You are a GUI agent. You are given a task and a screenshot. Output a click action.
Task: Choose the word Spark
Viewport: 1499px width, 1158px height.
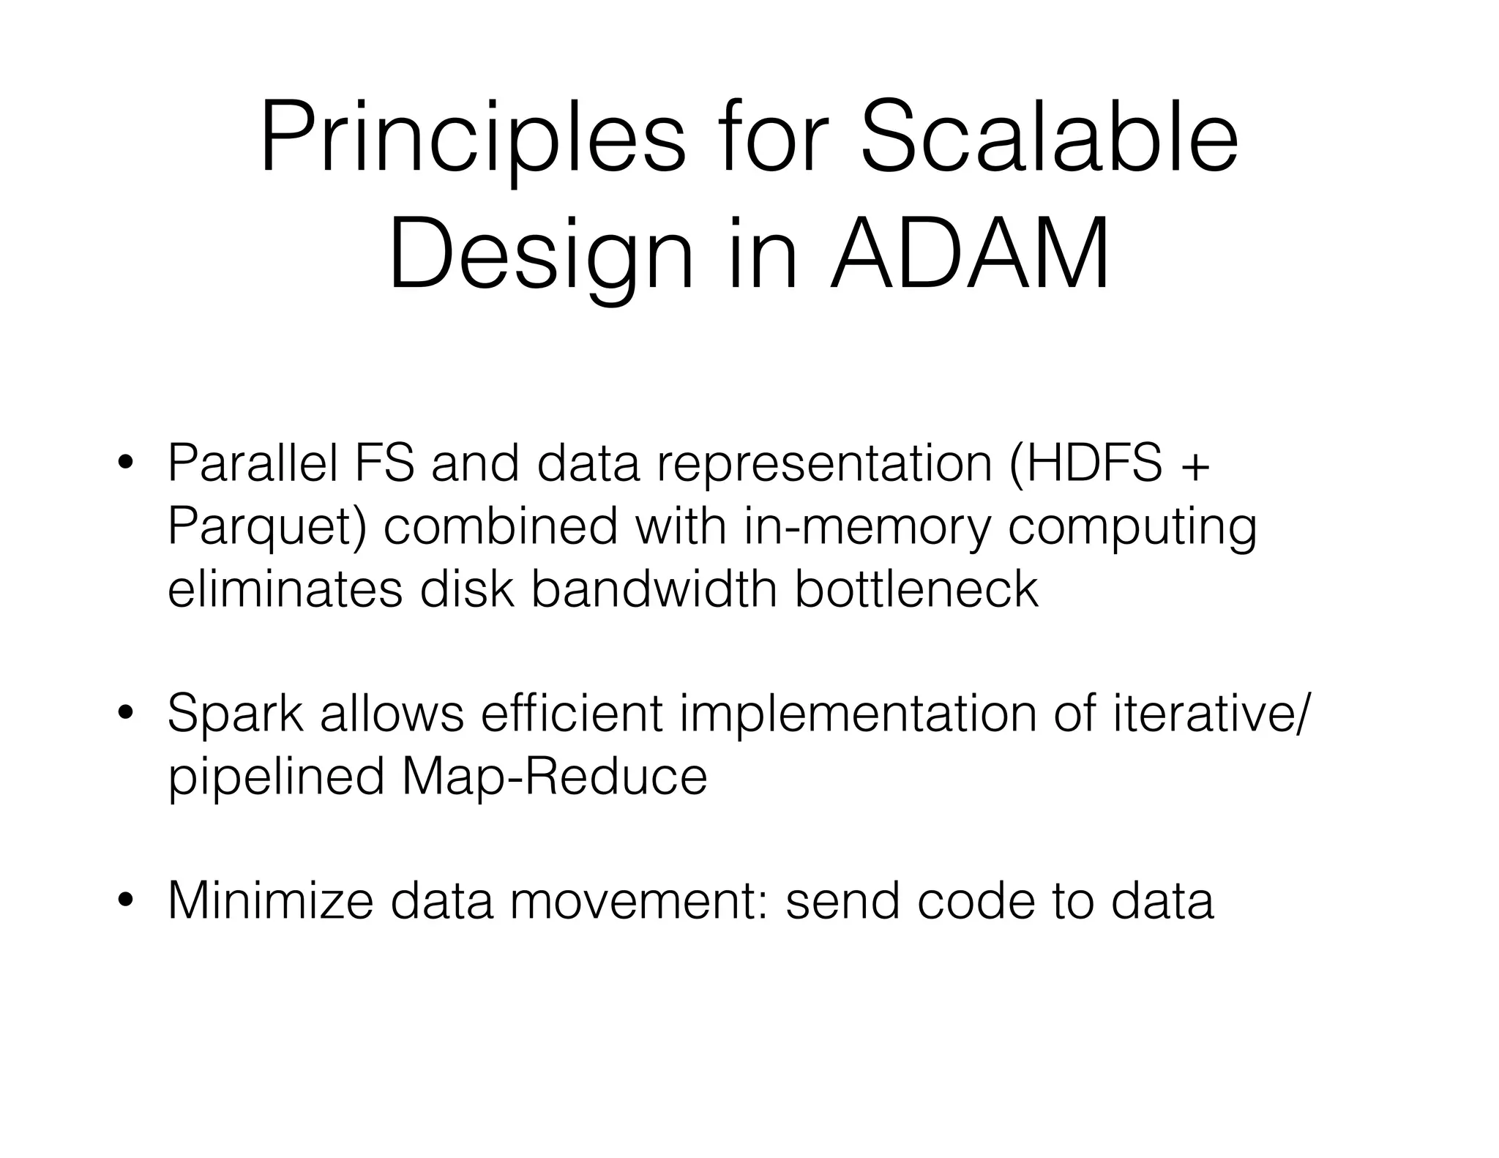(235, 714)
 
